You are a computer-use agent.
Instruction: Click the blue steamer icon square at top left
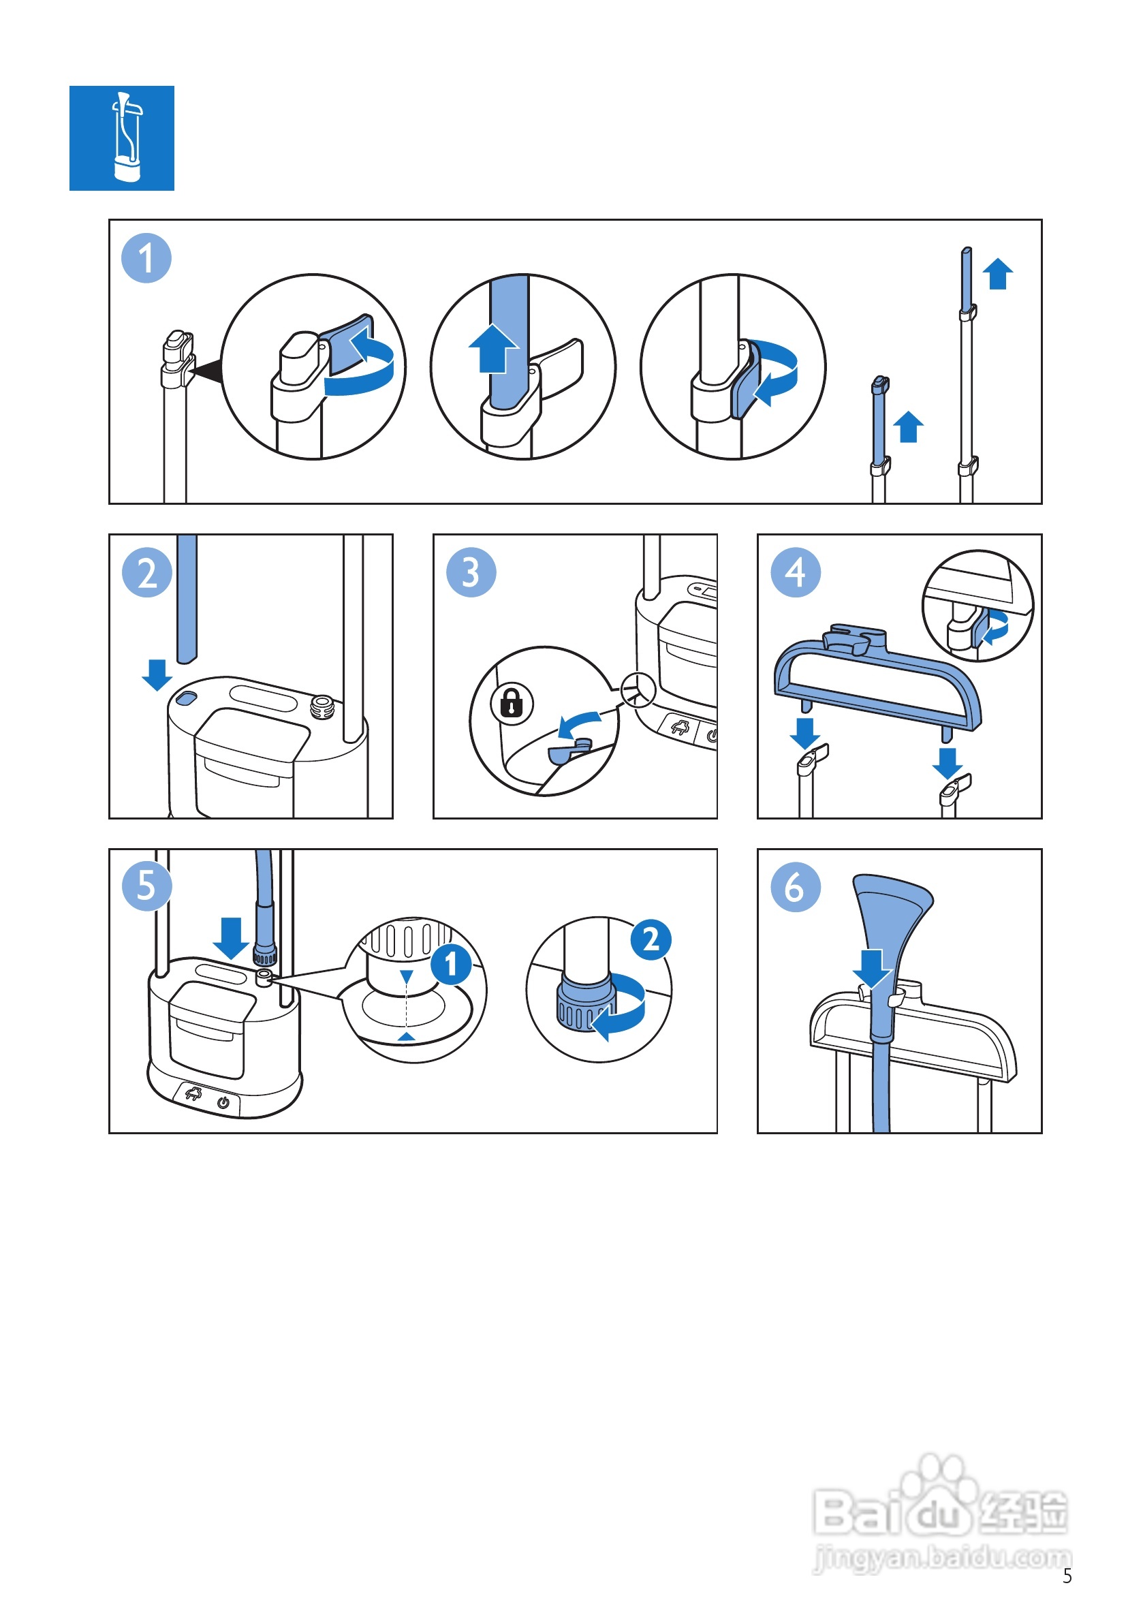point(121,138)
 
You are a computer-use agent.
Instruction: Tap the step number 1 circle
point(146,258)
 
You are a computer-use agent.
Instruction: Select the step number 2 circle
point(147,572)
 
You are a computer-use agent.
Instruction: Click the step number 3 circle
point(471,572)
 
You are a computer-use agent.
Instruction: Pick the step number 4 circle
point(796,572)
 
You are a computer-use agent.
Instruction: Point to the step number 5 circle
point(147,886)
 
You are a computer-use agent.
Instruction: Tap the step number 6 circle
point(796,886)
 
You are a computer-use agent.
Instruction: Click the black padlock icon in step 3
point(512,703)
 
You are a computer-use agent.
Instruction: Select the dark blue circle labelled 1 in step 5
point(451,965)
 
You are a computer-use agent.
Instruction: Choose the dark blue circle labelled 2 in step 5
point(651,939)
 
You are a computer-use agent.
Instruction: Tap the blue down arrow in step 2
point(157,675)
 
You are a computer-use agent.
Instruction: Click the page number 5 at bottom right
point(1067,1576)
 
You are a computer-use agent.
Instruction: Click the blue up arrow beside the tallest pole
point(997,274)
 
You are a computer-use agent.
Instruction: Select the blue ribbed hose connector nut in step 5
point(265,957)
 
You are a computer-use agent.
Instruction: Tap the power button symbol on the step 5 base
point(223,1103)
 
